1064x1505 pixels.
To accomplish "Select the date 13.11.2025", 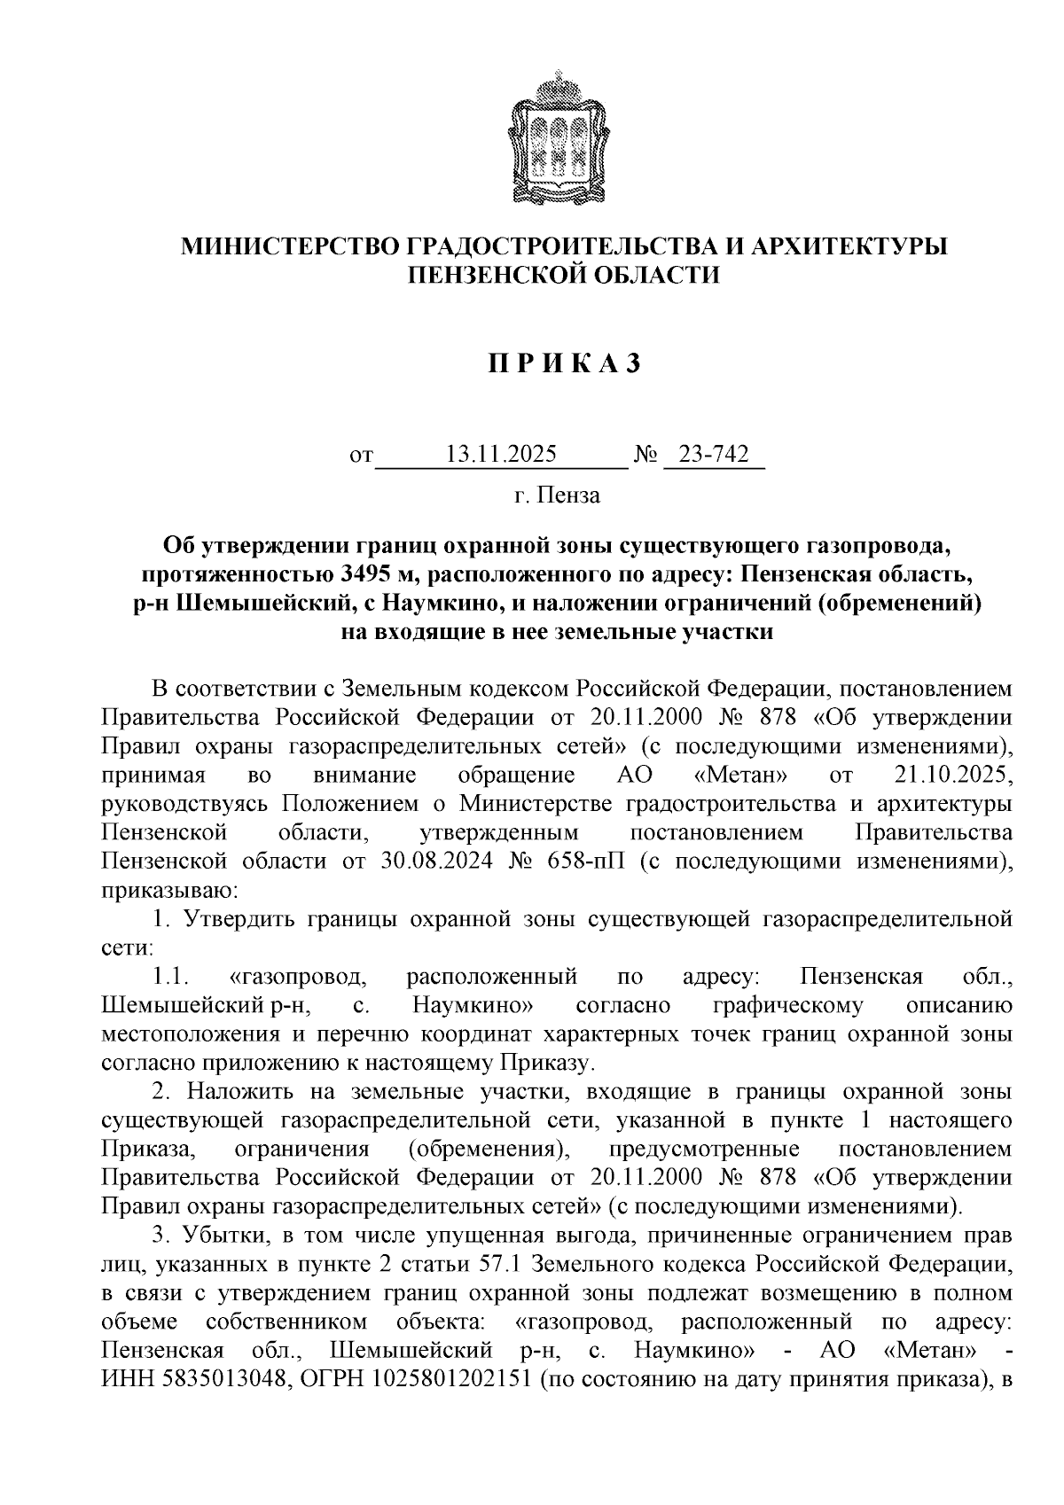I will (501, 456).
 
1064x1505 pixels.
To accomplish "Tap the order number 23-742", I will (714, 456).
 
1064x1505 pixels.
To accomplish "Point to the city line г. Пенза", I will (557, 495).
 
